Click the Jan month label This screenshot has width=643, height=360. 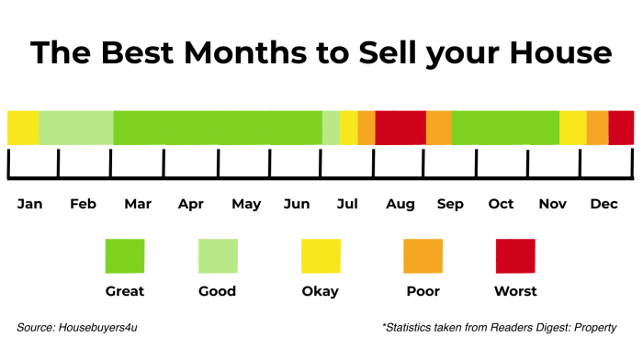click(x=29, y=204)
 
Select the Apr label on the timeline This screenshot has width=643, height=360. click(x=191, y=204)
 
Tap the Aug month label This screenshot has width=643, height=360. click(x=401, y=204)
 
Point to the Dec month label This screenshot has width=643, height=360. click(x=604, y=204)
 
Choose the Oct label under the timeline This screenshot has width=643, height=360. click(x=501, y=204)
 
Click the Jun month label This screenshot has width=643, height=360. click(x=297, y=204)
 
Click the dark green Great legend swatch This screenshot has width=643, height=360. click(x=125, y=256)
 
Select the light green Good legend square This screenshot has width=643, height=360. click(x=219, y=256)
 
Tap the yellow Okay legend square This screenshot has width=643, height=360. click(x=321, y=256)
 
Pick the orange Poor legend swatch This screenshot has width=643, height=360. click(x=423, y=256)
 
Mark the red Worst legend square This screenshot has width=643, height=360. click(x=515, y=256)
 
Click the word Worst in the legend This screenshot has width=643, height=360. click(x=515, y=291)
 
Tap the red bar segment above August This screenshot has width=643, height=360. click(x=400, y=128)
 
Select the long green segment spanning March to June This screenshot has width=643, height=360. click(x=218, y=128)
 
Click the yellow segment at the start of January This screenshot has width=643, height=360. click(x=23, y=128)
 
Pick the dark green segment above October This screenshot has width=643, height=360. click(x=505, y=128)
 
